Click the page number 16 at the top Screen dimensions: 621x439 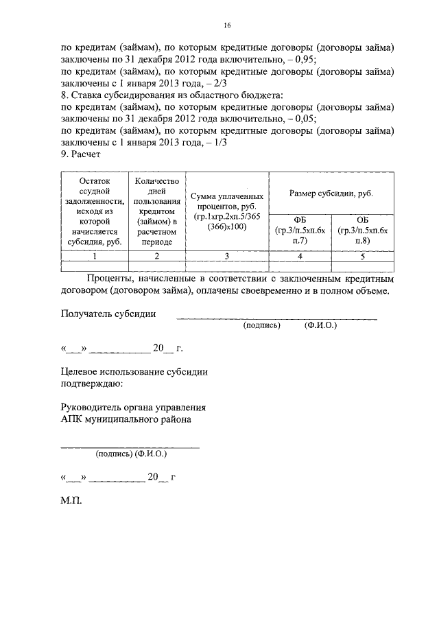(x=227, y=26)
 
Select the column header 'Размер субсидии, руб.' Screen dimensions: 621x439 (x=331, y=194)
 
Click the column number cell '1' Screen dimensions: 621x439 (x=95, y=256)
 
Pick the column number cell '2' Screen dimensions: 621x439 (x=157, y=256)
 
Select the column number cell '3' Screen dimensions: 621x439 (x=227, y=256)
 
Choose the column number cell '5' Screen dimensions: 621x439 (x=363, y=256)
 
